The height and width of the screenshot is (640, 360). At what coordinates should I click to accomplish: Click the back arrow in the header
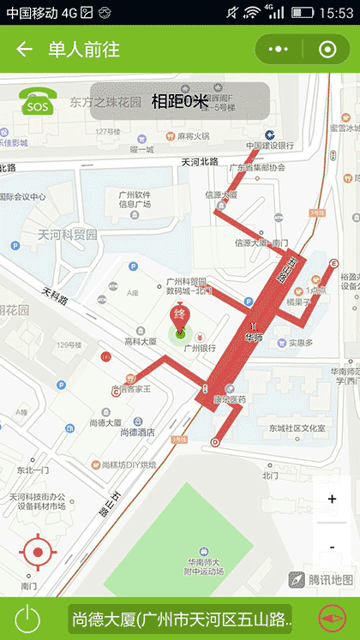(24, 50)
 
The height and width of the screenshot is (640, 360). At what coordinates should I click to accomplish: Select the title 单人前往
(83, 50)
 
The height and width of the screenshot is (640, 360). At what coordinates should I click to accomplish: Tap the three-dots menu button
(279, 50)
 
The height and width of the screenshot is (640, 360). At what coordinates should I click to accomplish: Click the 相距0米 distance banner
(180, 101)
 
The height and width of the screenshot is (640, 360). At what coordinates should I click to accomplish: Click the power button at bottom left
(28, 618)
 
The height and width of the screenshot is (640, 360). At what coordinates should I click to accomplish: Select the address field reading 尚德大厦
(181, 618)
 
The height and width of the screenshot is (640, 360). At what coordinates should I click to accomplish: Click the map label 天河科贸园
(68, 234)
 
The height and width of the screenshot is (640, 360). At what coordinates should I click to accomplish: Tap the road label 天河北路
(200, 161)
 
